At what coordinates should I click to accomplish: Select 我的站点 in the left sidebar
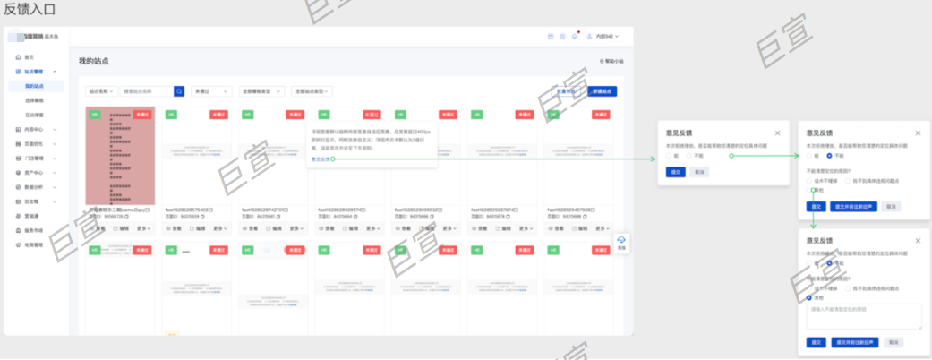(x=33, y=86)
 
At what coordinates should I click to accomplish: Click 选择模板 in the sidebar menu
(x=33, y=100)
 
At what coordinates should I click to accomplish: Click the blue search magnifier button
(x=179, y=91)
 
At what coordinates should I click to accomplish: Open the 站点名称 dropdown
(x=101, y=91)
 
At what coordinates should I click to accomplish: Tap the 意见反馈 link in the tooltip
(x=320, y=159)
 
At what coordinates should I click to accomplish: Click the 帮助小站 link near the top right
(x=611, y=62)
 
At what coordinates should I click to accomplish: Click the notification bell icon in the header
(x=574, y=36)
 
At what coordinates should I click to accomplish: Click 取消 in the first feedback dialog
(x=699, y=172)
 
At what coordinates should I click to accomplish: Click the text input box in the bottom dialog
(x=864, y=315)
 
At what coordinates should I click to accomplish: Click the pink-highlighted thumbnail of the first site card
(x=120, y=157)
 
